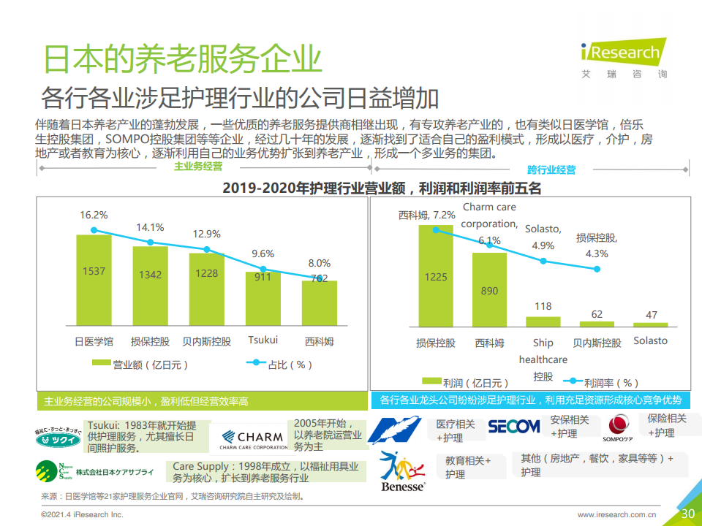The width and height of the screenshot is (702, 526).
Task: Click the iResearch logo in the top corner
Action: coord(624,57)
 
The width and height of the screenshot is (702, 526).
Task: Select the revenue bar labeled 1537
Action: coord(94,278)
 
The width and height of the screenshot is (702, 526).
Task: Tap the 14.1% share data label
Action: coord(150,227)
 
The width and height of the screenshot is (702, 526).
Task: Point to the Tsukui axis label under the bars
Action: coord(263,340)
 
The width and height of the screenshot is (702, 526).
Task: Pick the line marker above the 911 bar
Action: coord(263,269)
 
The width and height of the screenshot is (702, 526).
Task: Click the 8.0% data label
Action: coord(319,263)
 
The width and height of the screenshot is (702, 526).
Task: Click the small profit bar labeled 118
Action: coord(543,321)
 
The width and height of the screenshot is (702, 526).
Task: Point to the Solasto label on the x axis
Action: coord(650,340)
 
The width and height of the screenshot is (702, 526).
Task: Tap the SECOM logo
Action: coord(513,427)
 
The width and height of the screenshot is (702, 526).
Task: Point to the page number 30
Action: coord(687,514)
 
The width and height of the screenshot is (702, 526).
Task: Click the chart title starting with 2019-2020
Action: coord(382,188)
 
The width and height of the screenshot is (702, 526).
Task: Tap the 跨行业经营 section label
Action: coord(551,169)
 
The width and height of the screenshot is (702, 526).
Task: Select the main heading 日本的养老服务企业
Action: coord(183,58)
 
